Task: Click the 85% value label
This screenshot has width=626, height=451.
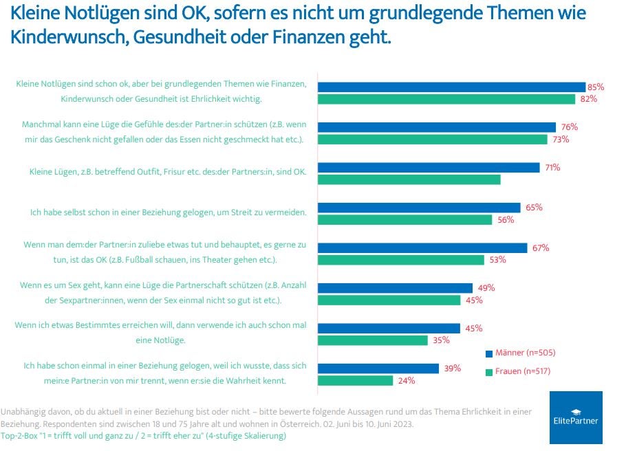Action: click(x=596, y=87)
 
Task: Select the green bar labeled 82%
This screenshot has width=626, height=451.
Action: click(x=446, y=99)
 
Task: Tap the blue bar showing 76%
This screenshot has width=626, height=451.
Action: click(x=436, y=127)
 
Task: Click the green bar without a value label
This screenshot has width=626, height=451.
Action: click(x=409, y=179)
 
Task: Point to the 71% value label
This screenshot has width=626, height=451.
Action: click(x=552, y=167)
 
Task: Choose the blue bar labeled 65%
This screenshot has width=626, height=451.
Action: click(x=418, y=208)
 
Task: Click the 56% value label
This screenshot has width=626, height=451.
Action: click(x=506, y=219)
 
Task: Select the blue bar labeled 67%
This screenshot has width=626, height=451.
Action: click(x=422, y=247)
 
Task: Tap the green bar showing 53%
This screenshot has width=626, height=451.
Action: click(x=400, y=260)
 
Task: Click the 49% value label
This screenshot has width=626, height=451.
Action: click(x=486, y=288)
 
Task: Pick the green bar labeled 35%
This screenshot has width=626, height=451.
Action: click(x=372, y=340)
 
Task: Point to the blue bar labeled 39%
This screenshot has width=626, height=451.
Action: click(x=378, y=368)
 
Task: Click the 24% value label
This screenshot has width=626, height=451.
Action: click(x=407, y=380)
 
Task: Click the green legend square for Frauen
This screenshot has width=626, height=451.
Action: click(x=489, y=371)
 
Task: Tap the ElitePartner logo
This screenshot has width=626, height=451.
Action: click(x=576, y=417)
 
